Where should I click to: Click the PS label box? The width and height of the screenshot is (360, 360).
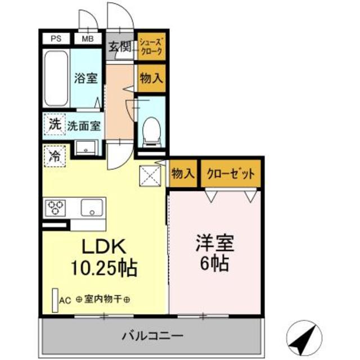(x=56, y=39)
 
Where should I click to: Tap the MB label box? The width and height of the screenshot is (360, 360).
(x=88, y=39)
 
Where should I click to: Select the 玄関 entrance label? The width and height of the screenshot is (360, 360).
(x=119, y=47)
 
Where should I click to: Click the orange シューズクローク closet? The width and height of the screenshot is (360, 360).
(x=151, y=47)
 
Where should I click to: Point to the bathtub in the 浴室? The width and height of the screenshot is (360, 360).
(x=56, y=78)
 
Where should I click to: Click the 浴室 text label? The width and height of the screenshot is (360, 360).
(x=86, y=79)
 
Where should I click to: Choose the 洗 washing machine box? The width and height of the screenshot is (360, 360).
(x=53, y=125)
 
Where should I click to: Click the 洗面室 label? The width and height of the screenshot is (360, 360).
(x=83, y=126)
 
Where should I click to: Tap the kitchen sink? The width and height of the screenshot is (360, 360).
(x=91, y=208)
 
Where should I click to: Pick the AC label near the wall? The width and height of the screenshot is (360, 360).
(x=65, y=300)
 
